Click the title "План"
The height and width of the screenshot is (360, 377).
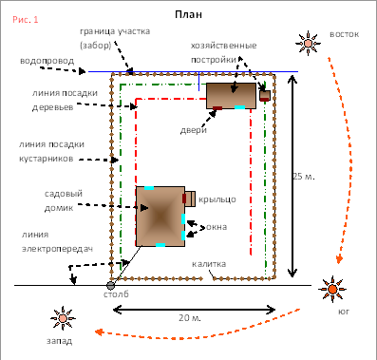pos(188,14)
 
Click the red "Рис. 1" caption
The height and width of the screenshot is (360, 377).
pos(26,19)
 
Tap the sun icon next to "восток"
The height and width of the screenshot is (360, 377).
pos(308,43)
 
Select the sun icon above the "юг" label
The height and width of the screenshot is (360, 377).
pos(332,289)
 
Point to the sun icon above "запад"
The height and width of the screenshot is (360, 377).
pos(63,318)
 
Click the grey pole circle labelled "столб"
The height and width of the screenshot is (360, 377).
pos(110,286)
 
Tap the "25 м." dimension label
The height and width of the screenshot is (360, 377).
pos(304,177)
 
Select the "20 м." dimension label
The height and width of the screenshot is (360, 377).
pos(190,317)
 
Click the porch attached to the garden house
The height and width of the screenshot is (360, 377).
pos(190,199)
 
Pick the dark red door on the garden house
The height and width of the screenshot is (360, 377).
pos(184,199)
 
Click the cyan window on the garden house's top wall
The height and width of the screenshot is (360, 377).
pos(149,188)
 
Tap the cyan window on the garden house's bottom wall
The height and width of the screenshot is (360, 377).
pos(160,245)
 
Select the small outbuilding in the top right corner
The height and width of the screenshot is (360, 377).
pos(265,95)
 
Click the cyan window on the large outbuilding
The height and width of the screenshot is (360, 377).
pos(239,107)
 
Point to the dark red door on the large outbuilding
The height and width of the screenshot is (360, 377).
pos(217,108)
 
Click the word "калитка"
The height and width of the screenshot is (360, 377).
pos(209,264)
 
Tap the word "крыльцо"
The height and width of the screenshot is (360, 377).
pos(217,199)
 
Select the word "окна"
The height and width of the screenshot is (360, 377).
pos(217,227)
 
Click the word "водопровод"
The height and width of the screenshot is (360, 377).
pos(47,61)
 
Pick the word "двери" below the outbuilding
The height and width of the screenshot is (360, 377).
pos(194,130)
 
